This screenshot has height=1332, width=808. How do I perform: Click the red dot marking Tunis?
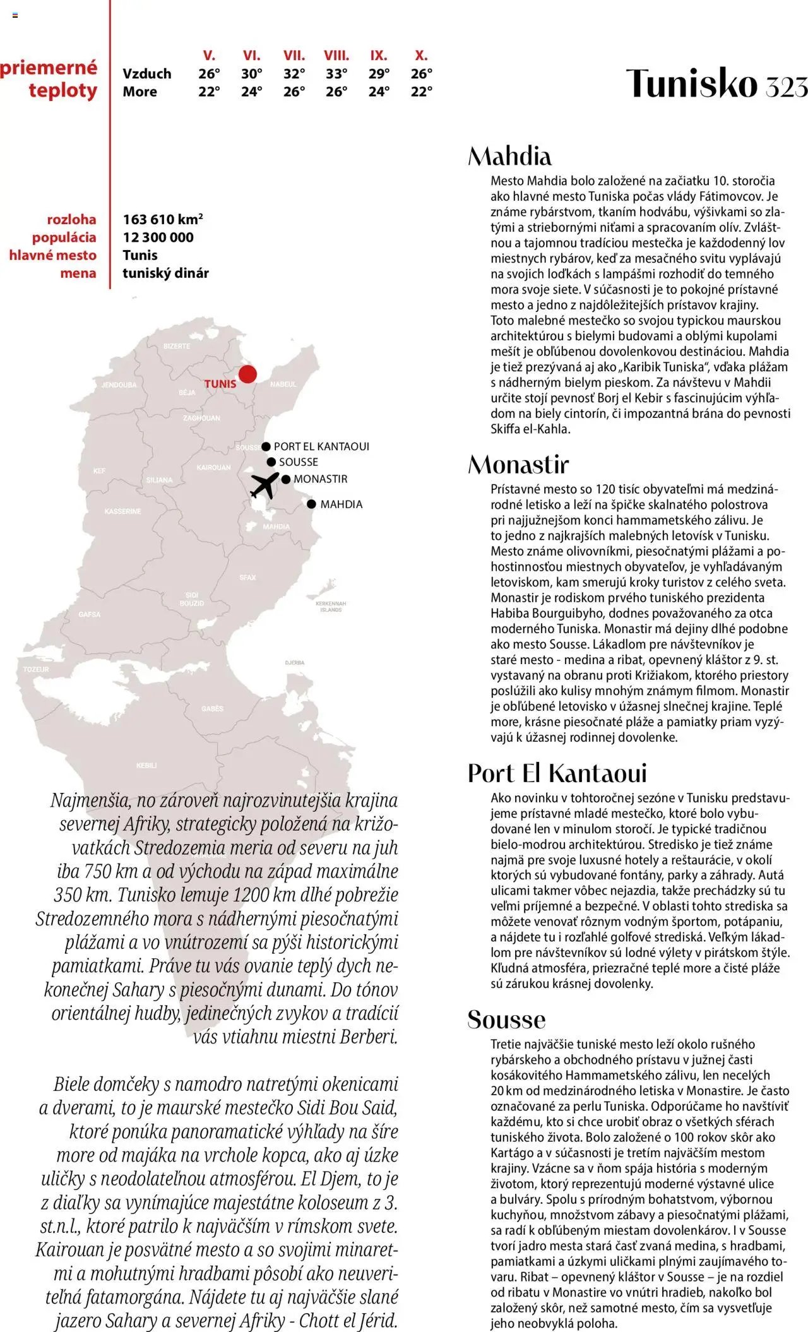click(x=247, y=374)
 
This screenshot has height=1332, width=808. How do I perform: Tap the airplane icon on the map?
click(x=264, y=485)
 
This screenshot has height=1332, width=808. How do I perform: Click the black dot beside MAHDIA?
click(x=311, y=504)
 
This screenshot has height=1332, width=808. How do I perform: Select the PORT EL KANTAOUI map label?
click(x=321, y=446)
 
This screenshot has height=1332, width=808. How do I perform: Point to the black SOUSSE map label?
click(x=299, y=462)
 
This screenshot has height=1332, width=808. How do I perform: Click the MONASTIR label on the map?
click(x=320, y=479)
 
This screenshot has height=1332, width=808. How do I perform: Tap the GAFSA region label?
click(x=90, y=614)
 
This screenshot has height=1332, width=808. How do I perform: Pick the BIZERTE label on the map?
click(x=177, y=346)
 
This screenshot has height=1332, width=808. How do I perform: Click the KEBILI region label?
click(x=146, y=765)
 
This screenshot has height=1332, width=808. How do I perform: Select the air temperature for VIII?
click(x=336, y=74)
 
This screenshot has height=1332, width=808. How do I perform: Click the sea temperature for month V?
click(x=209, y=92)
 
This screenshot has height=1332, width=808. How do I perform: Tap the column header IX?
click(x=379, y=56)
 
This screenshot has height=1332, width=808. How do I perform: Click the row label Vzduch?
click(x=147, y=74)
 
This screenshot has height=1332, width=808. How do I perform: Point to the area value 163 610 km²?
click(x=163, y=220)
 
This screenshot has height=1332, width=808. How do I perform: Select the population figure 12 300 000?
click(x=158, y=237)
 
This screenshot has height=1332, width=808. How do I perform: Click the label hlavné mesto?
click(x=53, y=255)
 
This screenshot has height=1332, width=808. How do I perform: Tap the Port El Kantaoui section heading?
click(x=557, y=773)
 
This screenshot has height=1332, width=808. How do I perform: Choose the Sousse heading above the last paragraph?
click(x=506, y=1020)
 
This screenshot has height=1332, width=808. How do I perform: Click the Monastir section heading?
click(x=518, y=465)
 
